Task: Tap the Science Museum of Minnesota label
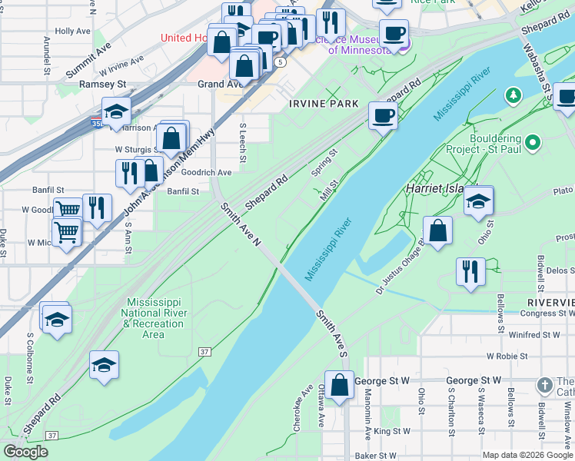coord(361,44)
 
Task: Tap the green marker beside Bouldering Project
coord(535,143)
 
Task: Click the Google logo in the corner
coord(25,452)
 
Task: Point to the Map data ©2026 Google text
coord(527,455)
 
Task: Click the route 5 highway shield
coord(282,61)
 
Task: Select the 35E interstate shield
coord(95,122)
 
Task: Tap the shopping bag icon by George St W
coord(339,386)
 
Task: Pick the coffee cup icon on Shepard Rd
coord(383,117)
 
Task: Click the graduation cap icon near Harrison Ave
coord(116,111)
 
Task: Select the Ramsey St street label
coord(103,84)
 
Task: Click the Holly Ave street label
coord(74,32)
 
